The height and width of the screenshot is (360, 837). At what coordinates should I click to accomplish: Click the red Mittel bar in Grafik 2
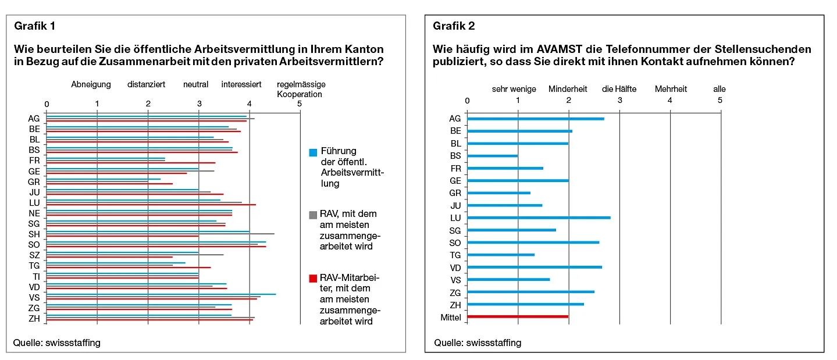click(517, 317)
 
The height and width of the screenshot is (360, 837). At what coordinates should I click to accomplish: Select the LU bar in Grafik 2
click(538, 218)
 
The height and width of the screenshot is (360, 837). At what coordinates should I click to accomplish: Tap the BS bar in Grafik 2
click(492, 156)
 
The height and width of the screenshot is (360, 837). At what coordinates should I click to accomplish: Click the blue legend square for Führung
click(313, 152)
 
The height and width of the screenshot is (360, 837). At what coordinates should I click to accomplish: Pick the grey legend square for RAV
click(313, 215)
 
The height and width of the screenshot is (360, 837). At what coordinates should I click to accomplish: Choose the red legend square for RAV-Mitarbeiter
click(313, 278)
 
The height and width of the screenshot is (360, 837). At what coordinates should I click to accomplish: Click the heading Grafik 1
click(35, 26)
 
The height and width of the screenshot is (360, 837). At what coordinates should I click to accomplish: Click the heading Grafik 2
click(454, 26)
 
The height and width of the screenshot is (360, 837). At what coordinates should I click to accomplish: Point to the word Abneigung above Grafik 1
click(91, 84)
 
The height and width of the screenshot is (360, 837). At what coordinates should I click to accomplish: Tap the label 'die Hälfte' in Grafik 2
click(619, 89)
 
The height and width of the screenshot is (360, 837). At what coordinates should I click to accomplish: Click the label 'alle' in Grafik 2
click(720, 89)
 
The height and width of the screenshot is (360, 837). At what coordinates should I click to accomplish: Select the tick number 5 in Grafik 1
click(300, 104)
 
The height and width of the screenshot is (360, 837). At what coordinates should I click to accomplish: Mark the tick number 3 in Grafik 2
click(619, 101)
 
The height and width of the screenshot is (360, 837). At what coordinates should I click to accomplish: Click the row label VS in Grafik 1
click(34, 297)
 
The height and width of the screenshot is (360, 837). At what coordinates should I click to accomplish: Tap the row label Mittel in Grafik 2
click(451, 318)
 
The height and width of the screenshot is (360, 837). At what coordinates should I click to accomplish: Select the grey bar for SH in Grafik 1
click(160, 234)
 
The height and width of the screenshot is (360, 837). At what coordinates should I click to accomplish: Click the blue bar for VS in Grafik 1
click(161, 294)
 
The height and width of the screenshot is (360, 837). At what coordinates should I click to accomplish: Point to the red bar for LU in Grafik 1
click(151, 205)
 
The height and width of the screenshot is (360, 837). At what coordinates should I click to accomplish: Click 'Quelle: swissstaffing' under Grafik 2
click(478, 343)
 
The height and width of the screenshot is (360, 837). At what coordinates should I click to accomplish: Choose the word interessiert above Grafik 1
click(241, 84)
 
